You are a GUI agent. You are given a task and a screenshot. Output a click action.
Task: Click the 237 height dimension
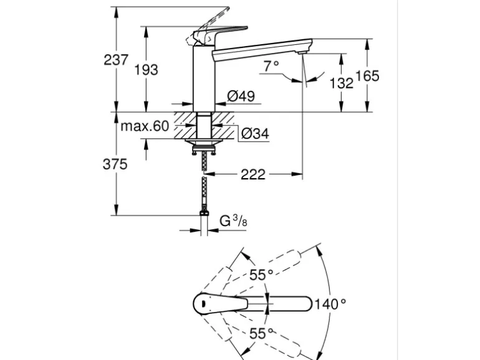(116, 60)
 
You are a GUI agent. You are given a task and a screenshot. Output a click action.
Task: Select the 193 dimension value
(146, 69)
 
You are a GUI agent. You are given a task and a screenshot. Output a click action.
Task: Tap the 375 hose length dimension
(115, 164)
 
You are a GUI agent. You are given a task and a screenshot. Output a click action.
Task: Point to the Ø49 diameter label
(241, 96)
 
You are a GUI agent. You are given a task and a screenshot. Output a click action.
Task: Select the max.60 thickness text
(145, 126)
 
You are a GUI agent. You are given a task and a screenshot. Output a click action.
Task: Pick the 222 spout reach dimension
(253, 174)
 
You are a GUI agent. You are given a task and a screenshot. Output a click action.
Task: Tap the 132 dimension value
(342, 82)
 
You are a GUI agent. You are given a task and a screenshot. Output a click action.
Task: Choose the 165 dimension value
(367, 76)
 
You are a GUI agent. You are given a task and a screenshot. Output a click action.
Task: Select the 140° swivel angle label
(330, 304)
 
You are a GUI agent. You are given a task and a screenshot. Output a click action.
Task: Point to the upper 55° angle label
(262, 275)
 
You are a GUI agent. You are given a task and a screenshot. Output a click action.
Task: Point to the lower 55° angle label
(262, 333)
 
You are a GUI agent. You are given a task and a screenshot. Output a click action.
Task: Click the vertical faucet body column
(203, 78)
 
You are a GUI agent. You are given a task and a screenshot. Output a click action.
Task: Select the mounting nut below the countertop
(203, 148)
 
